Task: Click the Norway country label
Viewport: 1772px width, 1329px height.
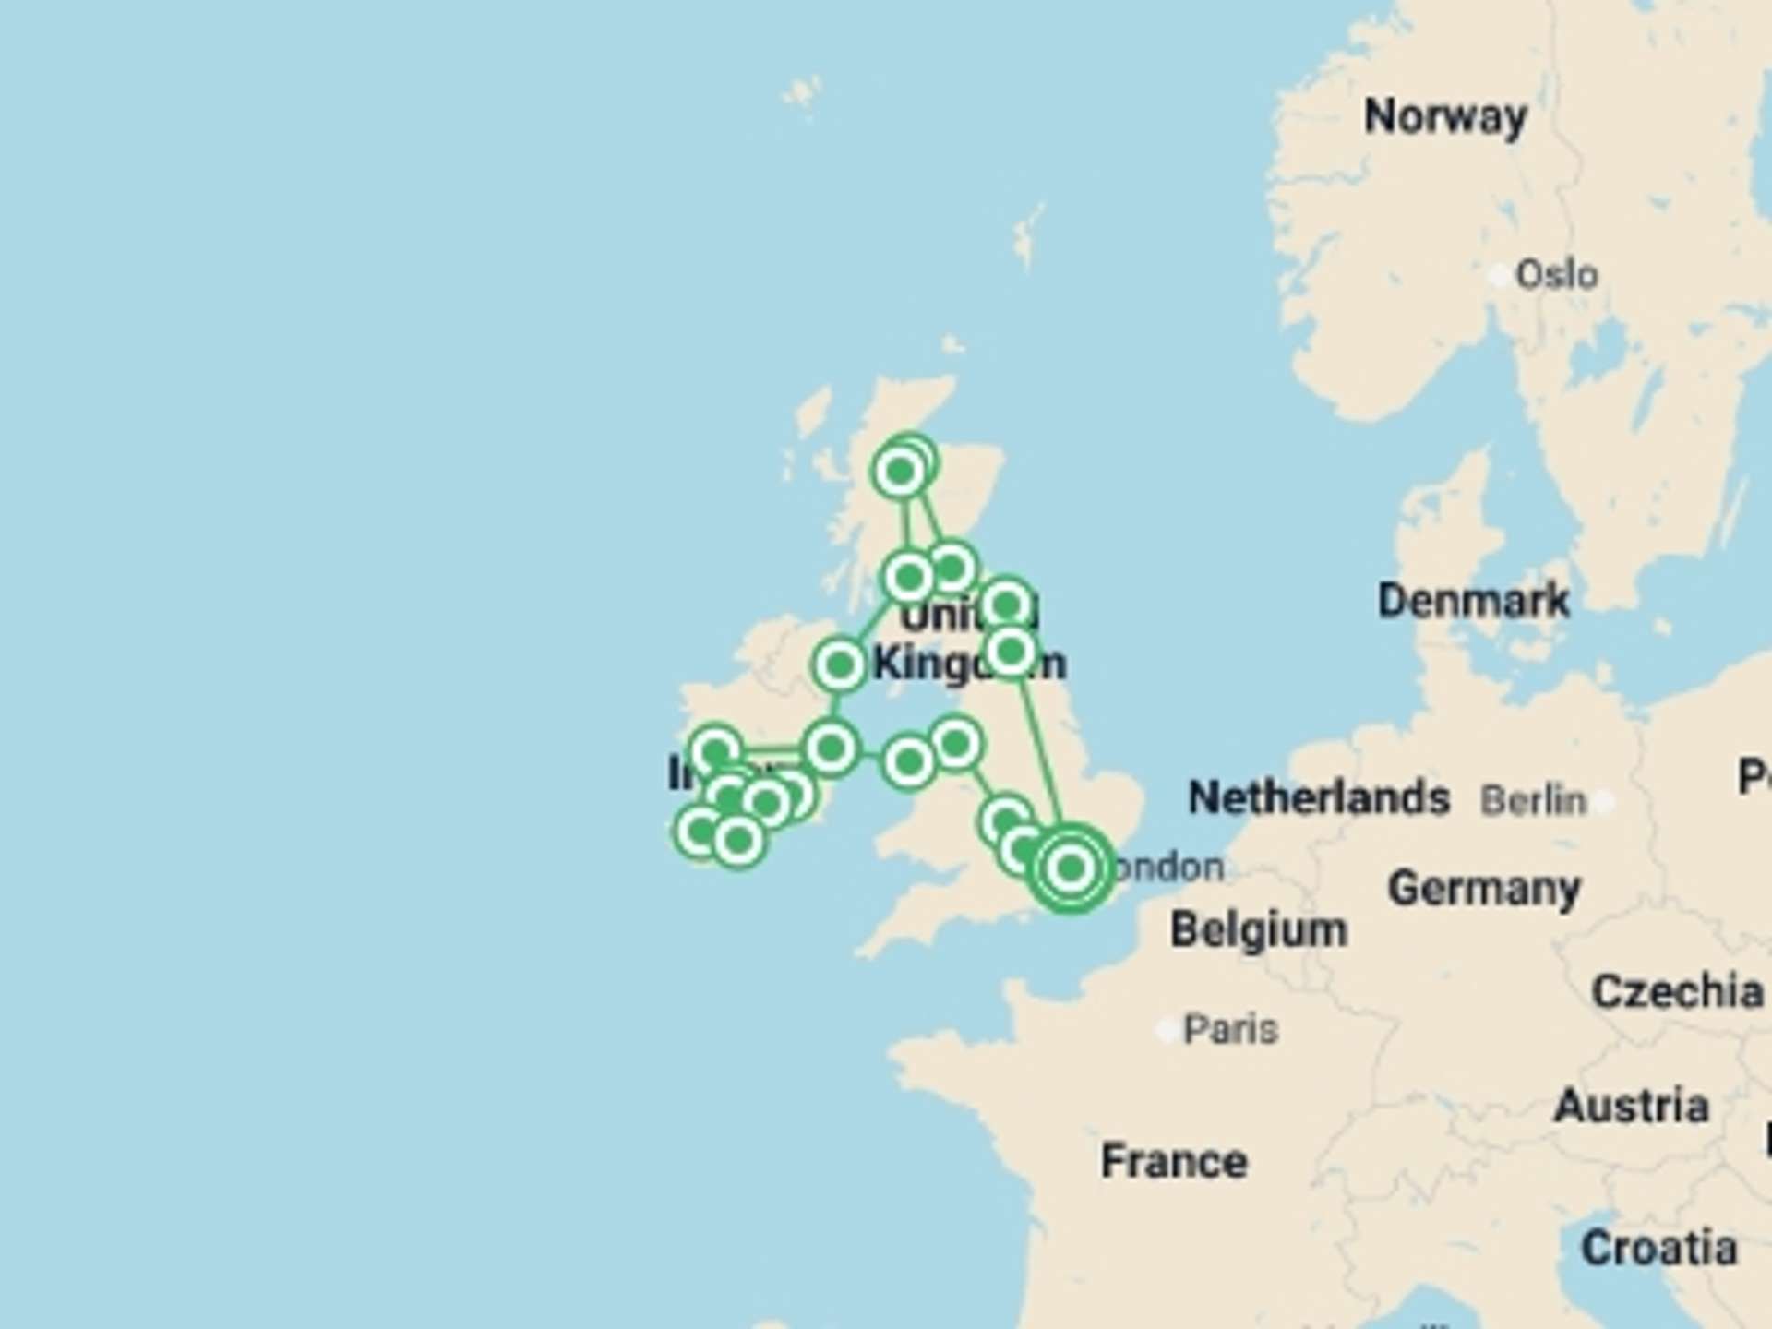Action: [1445, 117]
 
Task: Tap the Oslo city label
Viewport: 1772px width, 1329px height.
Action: [1556, 275]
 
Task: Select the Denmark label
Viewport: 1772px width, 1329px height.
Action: [1473, 601]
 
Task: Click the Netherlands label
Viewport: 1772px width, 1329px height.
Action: [1318, 797]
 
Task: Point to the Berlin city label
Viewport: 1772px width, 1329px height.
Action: [1533, 800]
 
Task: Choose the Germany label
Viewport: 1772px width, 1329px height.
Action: [1484, 889]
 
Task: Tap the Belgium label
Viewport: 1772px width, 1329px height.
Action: [1258, 929]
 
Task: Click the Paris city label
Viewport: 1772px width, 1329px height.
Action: [1230, 1029]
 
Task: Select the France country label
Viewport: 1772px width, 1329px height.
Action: [1174, 1161]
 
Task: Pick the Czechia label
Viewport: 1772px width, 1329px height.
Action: [1677, 992]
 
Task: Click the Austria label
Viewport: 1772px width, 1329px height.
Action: [1632, 1106]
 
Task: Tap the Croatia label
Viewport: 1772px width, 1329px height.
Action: [1658, 1249]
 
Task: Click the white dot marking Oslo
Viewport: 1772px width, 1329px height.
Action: [1500, 275]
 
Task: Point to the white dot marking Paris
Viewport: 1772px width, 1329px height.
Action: [1167, 1029]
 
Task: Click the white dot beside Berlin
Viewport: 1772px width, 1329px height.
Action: [1604, 801]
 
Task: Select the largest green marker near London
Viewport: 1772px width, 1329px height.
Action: [1071, 868]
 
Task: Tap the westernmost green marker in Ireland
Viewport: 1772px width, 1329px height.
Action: [700, 832]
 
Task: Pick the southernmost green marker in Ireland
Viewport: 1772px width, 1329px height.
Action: [737, 841]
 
